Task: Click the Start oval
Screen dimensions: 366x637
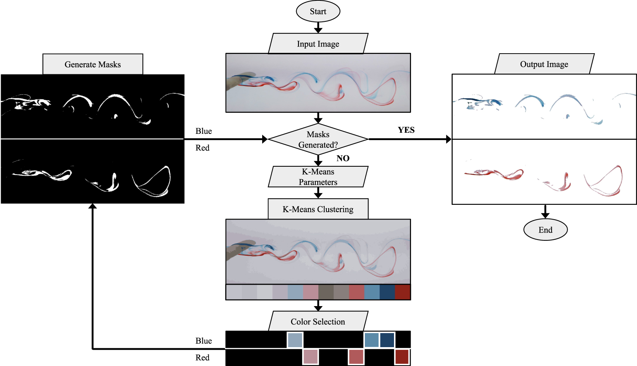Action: point(318,11)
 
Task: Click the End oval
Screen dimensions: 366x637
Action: point(545,230)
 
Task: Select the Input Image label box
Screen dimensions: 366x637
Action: point(318,44)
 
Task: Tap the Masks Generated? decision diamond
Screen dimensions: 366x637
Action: point(318,139)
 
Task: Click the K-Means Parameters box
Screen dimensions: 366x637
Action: point(318,177)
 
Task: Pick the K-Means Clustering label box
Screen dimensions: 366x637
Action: point(318,209)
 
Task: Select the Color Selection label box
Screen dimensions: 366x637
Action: point(318,321)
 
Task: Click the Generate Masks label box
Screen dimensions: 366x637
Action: point(93,64)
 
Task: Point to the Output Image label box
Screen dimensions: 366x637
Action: point(544,64)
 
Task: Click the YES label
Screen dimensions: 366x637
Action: point(406,130)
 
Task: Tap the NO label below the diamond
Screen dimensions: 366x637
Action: point(343,158)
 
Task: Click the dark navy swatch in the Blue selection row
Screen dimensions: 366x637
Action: point(387,340)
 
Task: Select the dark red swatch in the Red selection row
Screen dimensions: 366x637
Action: point(402,357)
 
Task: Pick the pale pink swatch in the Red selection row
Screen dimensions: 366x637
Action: point(311,357)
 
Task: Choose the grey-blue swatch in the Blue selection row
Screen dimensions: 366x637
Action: point(295,340)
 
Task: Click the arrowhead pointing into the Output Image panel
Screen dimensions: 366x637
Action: point(448,139)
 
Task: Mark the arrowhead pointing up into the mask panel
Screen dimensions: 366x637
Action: point(93,206)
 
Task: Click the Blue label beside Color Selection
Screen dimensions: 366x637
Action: point(203,340)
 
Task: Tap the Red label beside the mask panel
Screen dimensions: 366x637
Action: point(202,148)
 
